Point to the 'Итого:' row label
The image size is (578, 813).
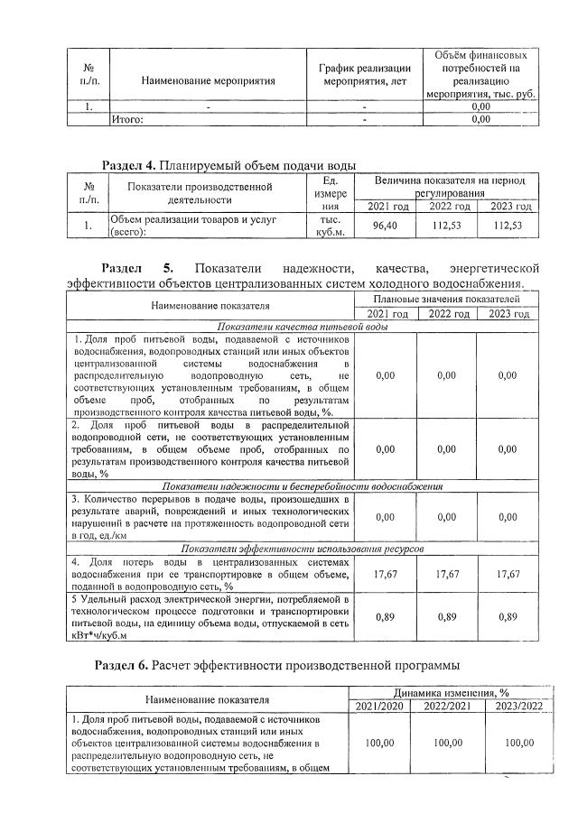pyautogui.click(x=127, y=118)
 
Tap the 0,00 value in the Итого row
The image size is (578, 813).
pyautogui.click(x=480, y=118)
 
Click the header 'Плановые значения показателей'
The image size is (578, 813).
pyautogui.click(x=447, y=298)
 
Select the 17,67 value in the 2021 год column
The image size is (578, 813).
pyautogui.click(x=385, y=574)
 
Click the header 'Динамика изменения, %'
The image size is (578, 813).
pyautogui.click(x=446, y=692)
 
